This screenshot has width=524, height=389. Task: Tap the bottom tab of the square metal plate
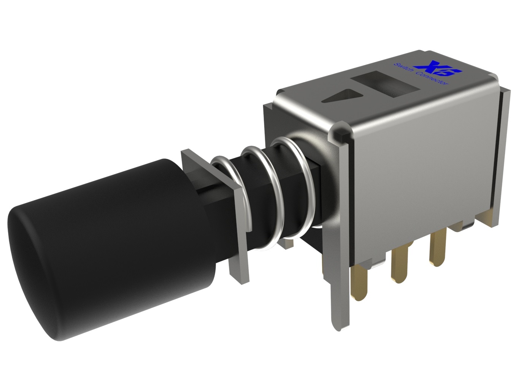point(238,272)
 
